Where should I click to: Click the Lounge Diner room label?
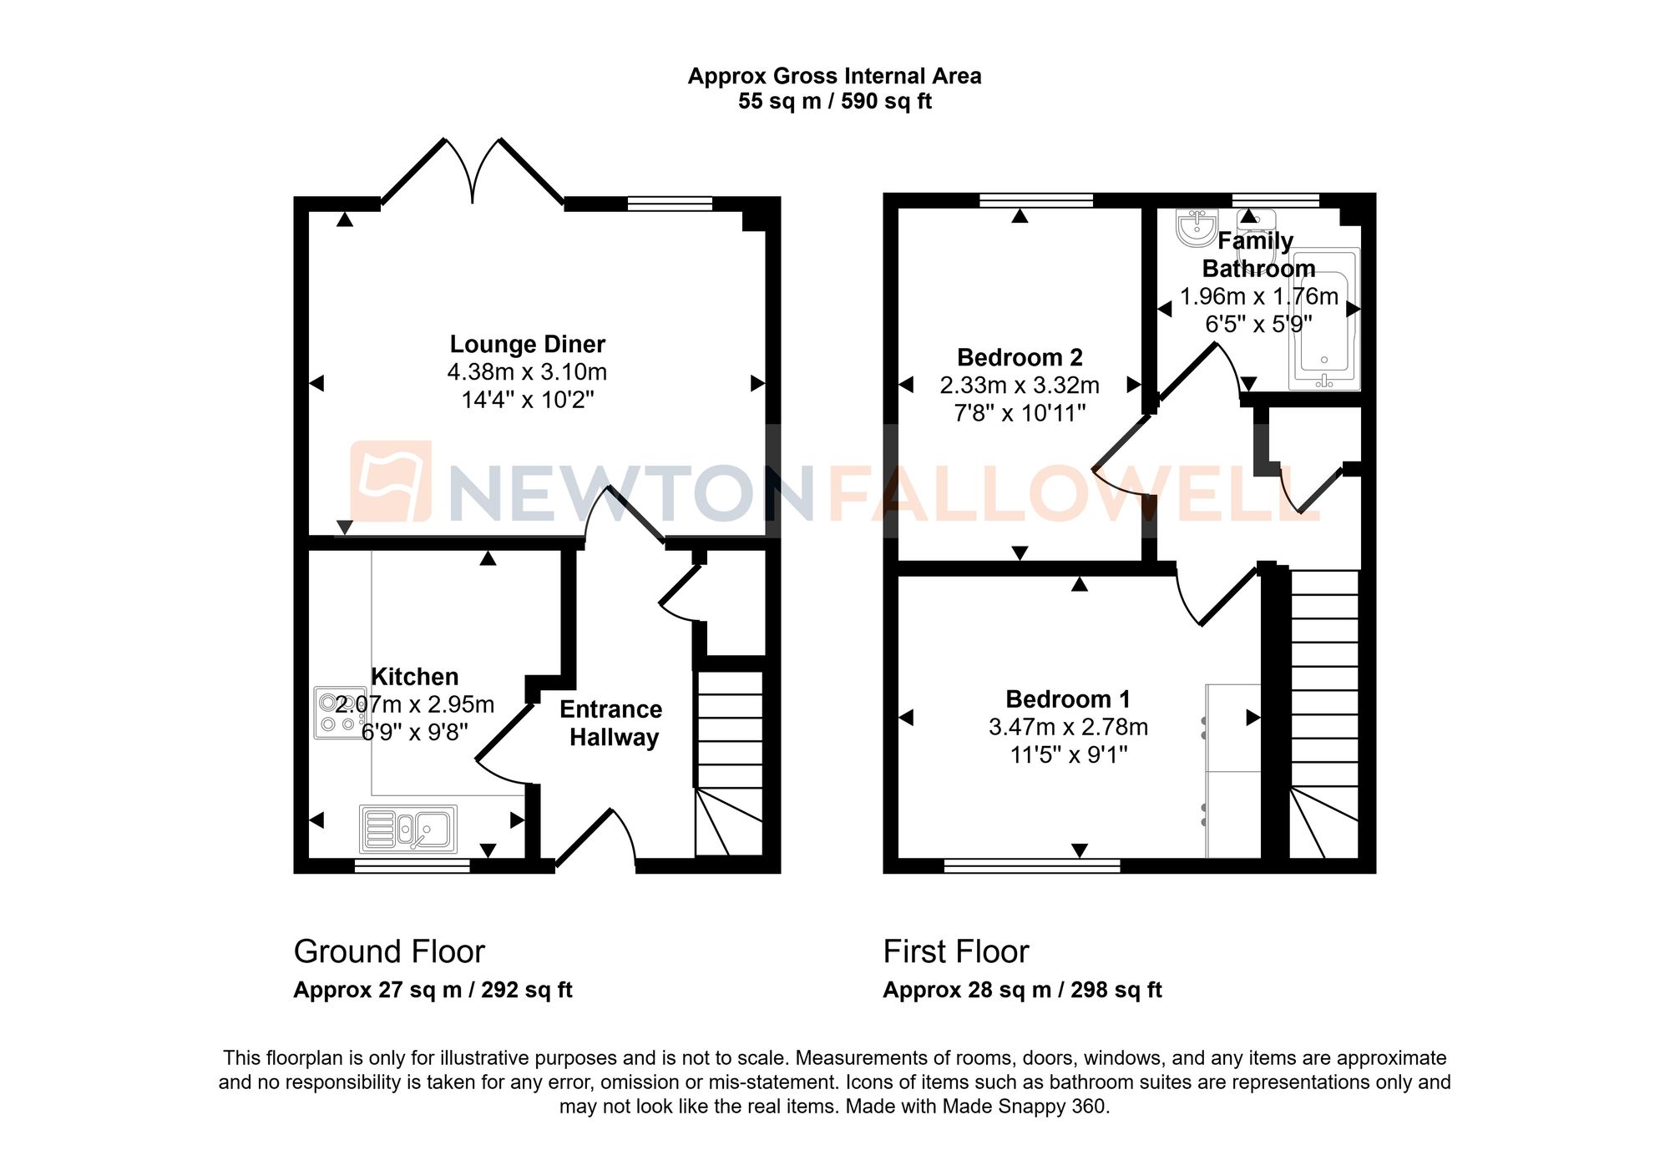[x=527, y=344]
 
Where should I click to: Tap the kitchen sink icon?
[x=408, y=829]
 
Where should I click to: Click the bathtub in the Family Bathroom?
[x=1324, y=319]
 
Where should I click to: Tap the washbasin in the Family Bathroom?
[x=1196, y=226]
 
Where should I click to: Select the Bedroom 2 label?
[x=1020, y=357]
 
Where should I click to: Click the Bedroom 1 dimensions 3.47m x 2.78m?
[x=1068, y=727]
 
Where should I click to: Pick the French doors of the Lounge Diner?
[x=473, y=171]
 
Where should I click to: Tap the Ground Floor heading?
[x=389, y=951]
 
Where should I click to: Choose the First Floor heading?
[x=956, y=951]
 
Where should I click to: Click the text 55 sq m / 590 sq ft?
[x=834, y=102]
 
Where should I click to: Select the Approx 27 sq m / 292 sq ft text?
[x=433, y=990]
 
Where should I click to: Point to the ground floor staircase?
[x=729, y=764]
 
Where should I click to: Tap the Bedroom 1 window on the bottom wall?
[x=1032, y=865]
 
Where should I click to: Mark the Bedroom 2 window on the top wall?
[x=1035, y=200]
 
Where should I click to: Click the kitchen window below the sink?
[x=412, y=867]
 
